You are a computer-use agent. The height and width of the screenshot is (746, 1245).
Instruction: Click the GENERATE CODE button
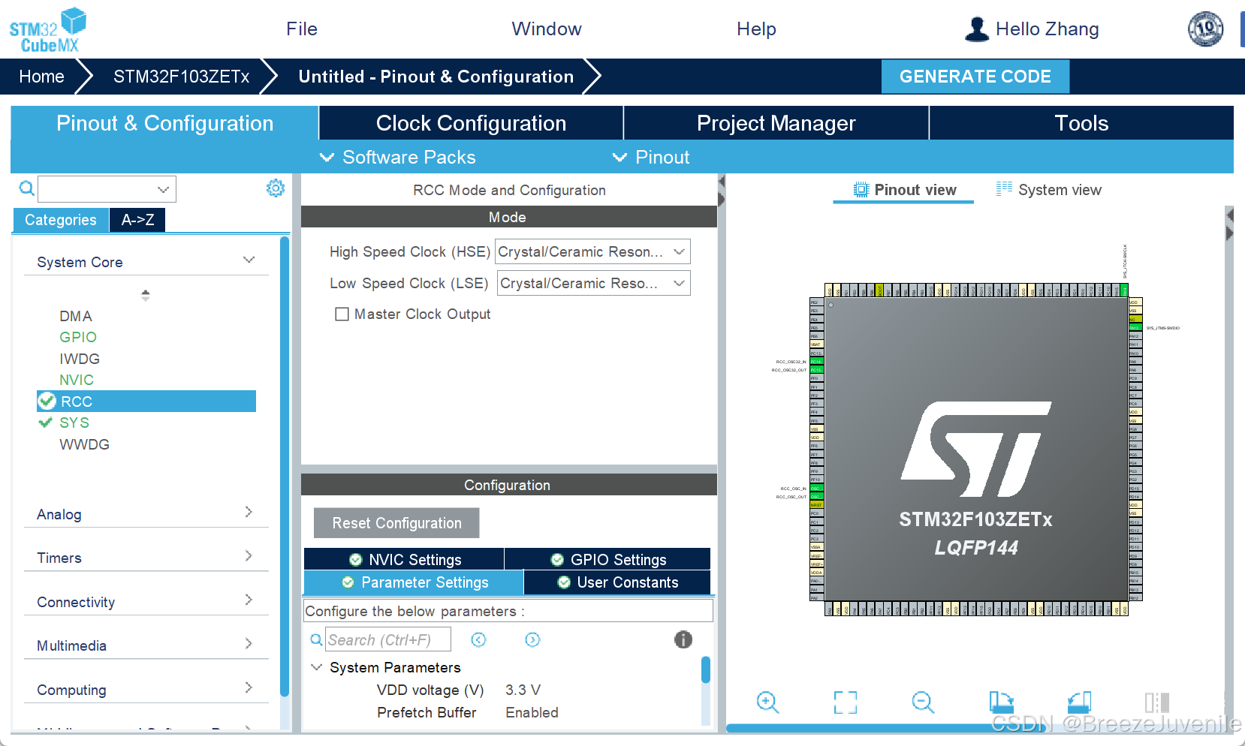coord(975,77)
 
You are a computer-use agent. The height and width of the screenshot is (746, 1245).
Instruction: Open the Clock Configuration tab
coord(471,123)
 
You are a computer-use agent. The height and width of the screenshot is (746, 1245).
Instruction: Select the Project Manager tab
coord(776,123)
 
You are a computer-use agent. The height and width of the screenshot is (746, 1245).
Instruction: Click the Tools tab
coord(1081,123)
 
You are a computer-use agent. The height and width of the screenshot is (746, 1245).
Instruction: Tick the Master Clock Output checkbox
coord(342,314)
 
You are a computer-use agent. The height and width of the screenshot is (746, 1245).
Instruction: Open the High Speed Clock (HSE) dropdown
coord(592,252)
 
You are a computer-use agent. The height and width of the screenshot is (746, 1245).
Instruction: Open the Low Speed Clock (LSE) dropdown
coord(592,284)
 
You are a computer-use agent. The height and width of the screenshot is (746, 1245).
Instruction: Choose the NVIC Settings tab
coord(405,560)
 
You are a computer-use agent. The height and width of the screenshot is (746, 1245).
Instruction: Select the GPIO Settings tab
coord(608,560)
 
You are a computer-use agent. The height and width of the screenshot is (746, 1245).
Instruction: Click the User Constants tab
coord(618,582)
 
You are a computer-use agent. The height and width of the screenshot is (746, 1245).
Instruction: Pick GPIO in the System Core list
coord(78,338)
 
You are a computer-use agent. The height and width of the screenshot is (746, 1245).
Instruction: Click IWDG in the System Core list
coord(80,359)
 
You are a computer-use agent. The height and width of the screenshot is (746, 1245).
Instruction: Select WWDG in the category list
coord(84,445)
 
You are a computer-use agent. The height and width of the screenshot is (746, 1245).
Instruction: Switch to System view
coord(1049,190)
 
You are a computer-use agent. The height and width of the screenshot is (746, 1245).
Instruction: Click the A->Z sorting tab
coord(137,220)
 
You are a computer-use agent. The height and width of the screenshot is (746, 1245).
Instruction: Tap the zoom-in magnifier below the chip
coord(767,702)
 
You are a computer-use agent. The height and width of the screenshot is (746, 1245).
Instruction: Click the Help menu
coord(756,29)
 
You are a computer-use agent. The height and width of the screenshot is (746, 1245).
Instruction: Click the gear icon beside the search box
coord(276,188)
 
